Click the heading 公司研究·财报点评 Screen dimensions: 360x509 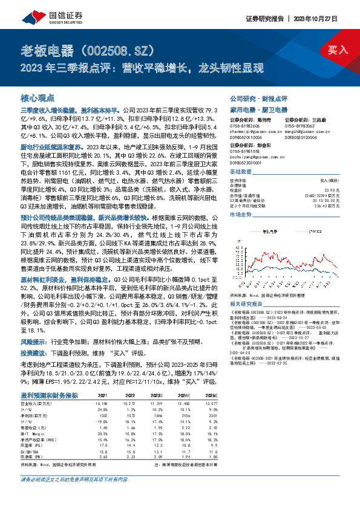click(258, 98)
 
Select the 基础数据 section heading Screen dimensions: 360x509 click(242, 172)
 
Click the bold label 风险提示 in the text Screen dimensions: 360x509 click(37, 341)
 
